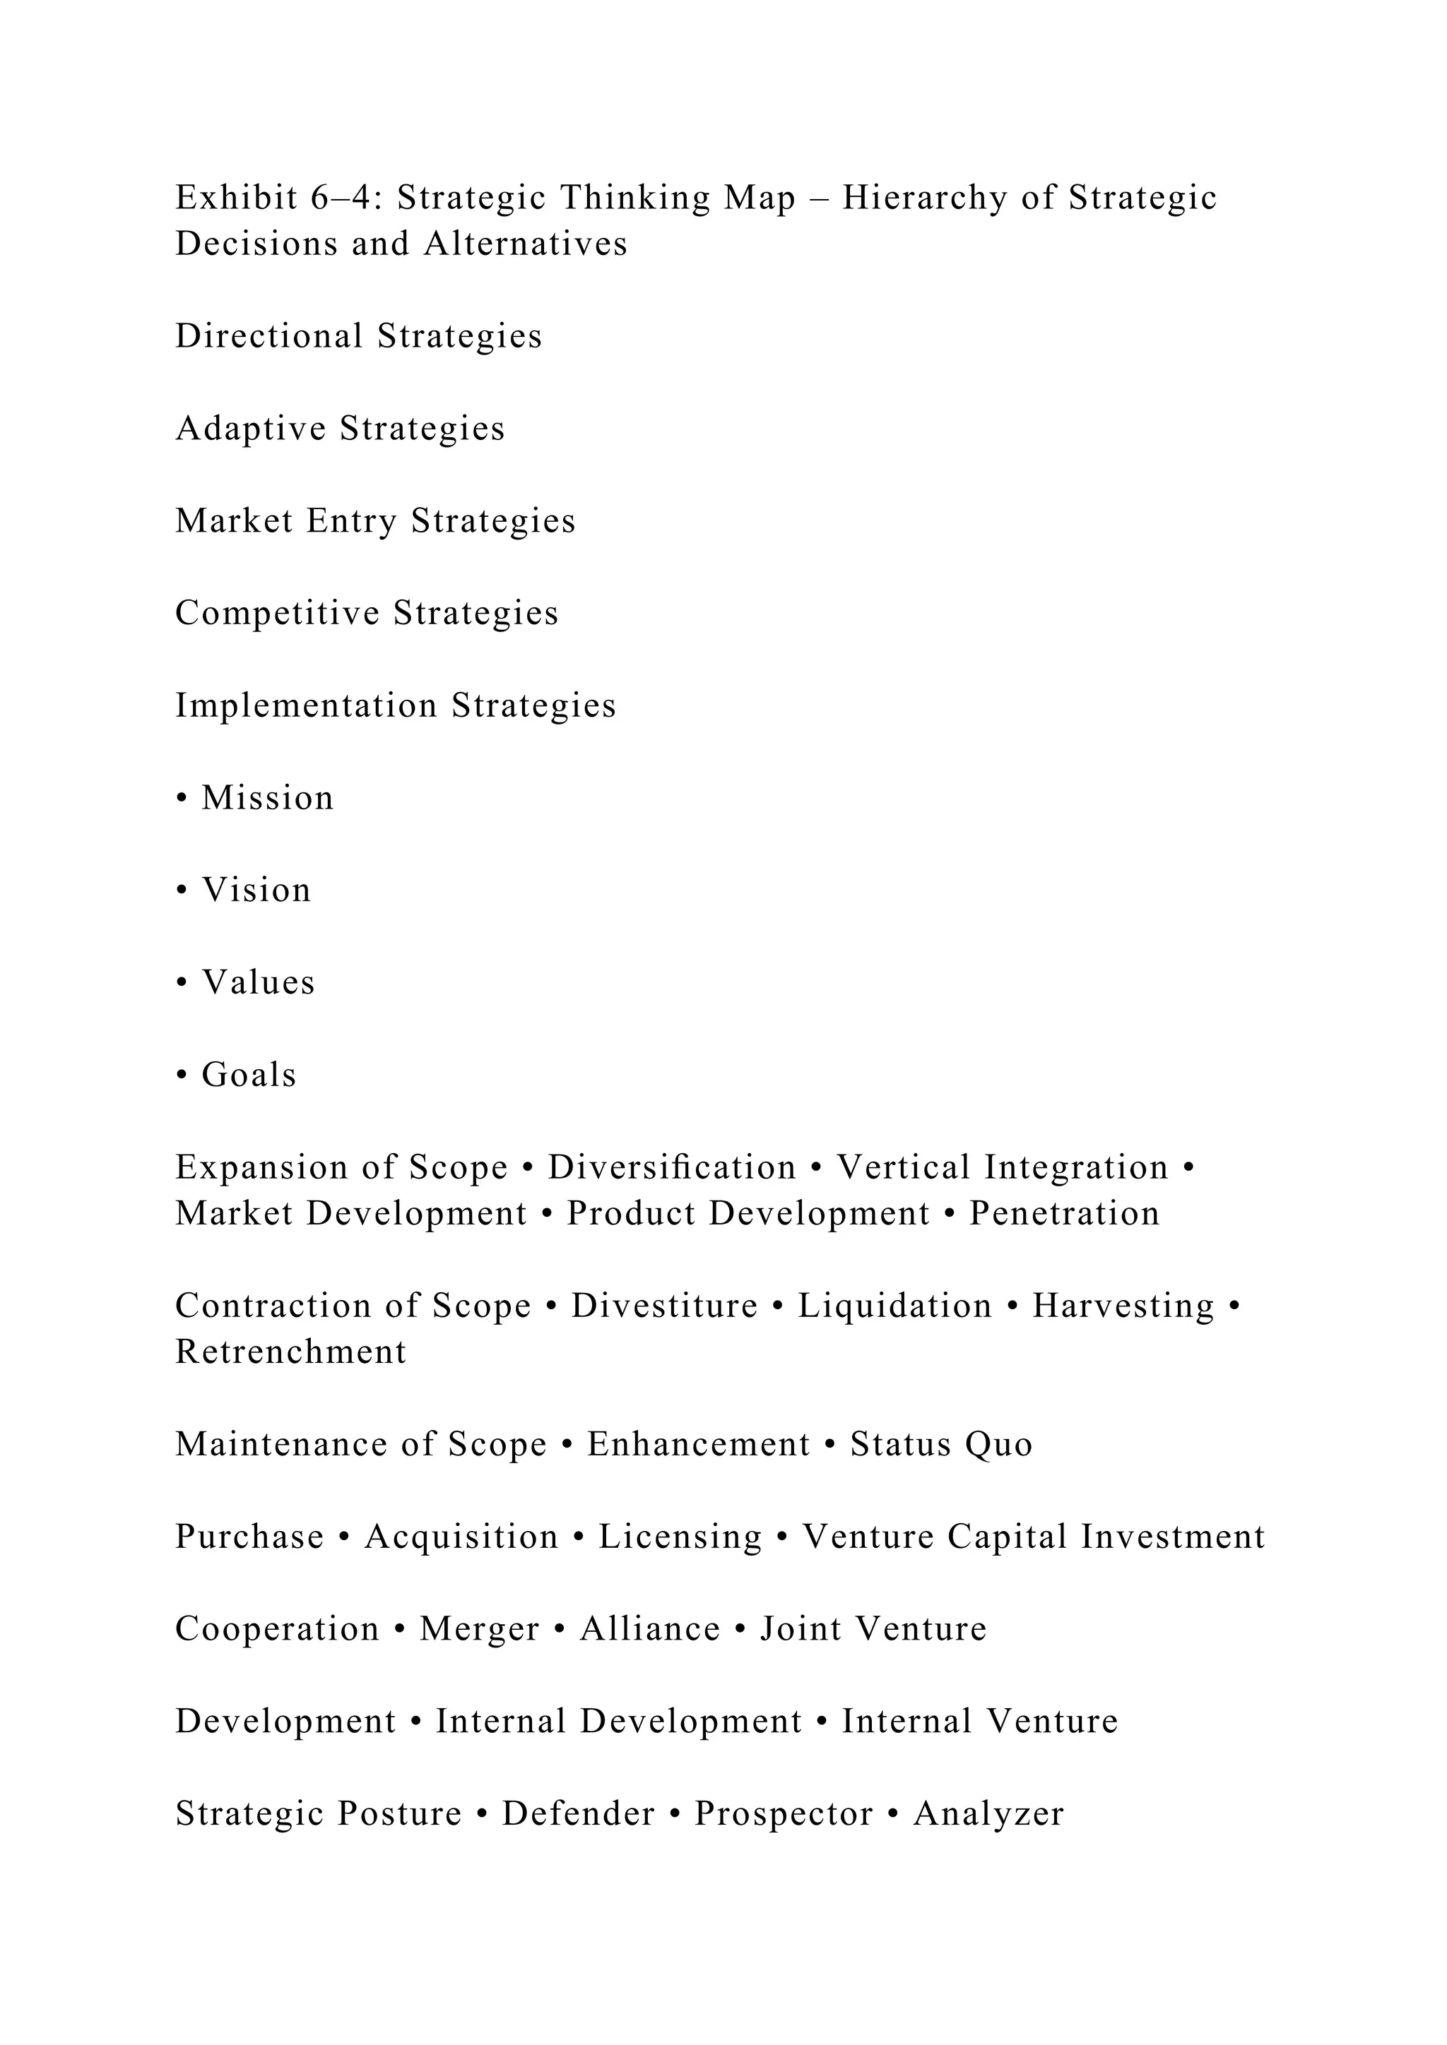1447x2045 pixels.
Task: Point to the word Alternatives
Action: coord(526,244)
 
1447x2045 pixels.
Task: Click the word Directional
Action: coord(269,337)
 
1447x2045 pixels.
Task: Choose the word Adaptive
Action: coord(252,429)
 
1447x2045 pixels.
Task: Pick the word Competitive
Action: coord(277,613)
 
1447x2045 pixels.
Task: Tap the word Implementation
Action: coord(307,705)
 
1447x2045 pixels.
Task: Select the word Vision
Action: coord(256,890)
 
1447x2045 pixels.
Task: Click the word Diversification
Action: coord(672,1168)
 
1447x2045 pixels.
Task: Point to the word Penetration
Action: coord(1065,1214)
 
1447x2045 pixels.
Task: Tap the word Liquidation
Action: coord(894,1306)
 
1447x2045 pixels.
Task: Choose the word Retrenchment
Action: coord(290,1352)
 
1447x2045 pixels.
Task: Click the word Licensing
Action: coord(680,1537)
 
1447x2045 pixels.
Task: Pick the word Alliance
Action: coord(651,1629)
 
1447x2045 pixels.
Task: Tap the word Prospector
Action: coord(784,1813)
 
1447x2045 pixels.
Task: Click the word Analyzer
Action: coord(989,1813)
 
